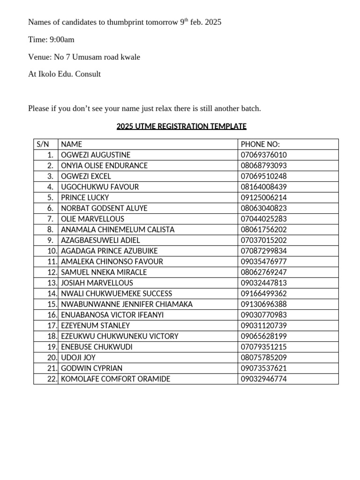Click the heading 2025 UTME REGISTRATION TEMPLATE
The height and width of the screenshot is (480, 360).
181,126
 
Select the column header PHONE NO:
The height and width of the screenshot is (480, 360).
260,144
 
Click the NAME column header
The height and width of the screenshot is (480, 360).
72,144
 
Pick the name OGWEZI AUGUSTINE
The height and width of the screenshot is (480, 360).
96,155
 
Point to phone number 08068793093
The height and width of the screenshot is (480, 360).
263,165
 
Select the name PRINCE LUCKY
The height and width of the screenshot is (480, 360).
85,197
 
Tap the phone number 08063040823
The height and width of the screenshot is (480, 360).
263,208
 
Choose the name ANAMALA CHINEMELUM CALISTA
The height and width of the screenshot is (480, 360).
118,230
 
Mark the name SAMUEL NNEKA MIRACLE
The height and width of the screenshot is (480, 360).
104,272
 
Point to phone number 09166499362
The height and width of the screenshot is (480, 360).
263,293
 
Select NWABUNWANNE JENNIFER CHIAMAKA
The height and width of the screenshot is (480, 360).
127,304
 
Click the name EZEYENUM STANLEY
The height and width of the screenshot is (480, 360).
96,325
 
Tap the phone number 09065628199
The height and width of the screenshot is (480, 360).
263,336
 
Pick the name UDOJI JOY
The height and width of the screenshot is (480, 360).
78,358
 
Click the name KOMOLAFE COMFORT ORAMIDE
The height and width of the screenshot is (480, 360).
116,379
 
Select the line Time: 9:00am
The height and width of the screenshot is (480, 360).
51,39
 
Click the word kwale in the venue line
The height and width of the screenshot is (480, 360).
131,57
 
